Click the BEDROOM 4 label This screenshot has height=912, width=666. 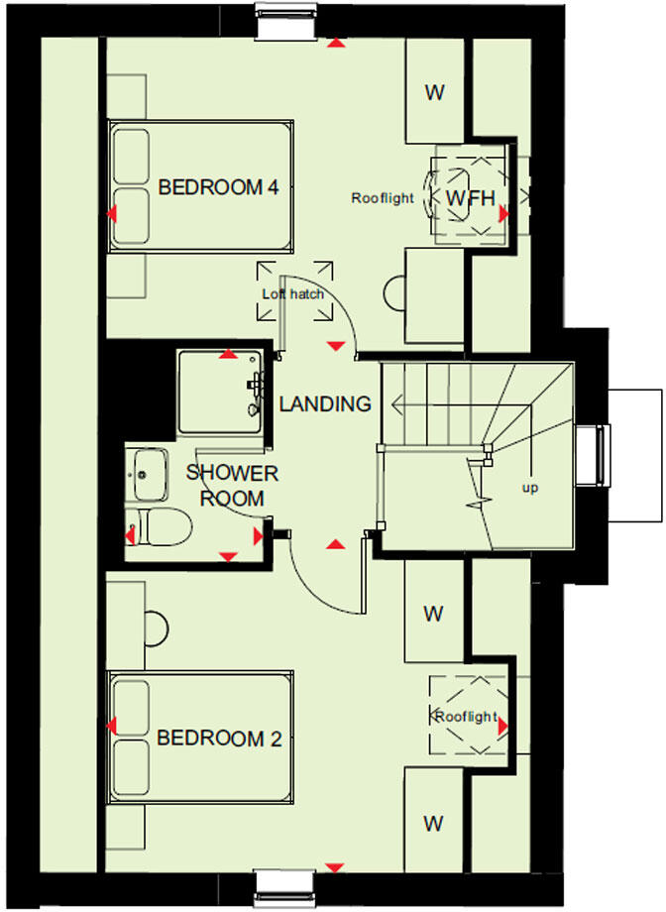(217, 186)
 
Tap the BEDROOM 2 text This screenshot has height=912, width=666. (218, 739)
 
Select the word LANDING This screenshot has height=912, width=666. (324, 404)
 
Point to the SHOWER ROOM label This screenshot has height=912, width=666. (232, 485)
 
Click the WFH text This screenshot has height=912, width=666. (469, 198)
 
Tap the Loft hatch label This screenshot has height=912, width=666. (293, 294)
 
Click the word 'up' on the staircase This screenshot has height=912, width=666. (530, 488)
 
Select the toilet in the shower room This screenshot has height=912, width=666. (159, 525)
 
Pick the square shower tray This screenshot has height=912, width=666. (220, 392)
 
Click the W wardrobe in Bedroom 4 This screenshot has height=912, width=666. (434, 93)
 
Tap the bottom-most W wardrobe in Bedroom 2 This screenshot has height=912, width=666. (434, 823)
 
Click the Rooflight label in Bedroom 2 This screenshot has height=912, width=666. (465, 717)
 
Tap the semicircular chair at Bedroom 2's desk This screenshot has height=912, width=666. (155, 627)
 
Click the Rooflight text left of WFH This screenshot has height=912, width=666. (383, 198)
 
